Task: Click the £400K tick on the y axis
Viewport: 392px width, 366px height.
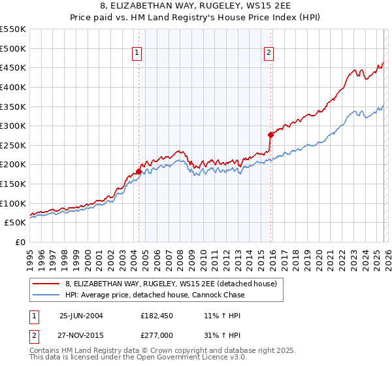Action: tap(13, 87)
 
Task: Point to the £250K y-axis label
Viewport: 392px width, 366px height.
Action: tap(13, 145)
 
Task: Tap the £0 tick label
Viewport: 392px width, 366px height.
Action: tap(20, 242)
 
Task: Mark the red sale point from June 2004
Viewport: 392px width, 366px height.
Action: tap(139, 171)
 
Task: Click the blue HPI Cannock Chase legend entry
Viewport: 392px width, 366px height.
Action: tap(155, 295)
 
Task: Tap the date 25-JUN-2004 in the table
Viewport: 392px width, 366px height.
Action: tap(81, 315)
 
